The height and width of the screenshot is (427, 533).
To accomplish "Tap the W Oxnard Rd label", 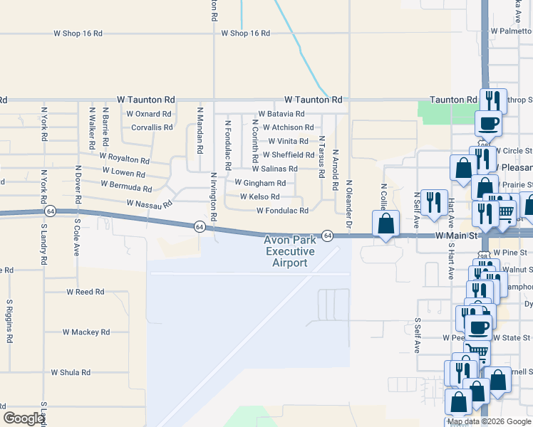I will click(x=148, y=114).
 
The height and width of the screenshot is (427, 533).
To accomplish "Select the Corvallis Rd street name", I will click(x=152, y=128).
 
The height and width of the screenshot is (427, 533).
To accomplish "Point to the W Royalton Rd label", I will click(x=125, y=158).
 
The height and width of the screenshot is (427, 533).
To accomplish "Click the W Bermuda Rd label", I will click(x=126, y=186).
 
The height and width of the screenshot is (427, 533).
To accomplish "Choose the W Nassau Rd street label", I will click(x=149, y=204).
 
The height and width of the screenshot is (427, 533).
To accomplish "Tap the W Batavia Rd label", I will click(x=281, y=114).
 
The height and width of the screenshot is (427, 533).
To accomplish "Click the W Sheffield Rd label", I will click(x=288, y=155).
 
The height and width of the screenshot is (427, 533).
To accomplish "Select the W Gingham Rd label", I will click(x=260, y=183).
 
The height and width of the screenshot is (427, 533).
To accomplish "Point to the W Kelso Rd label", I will click(x=259, y=196).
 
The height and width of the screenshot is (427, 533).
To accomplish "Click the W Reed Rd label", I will click(x=86, y=292).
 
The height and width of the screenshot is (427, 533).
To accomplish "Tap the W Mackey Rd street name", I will click(x=86, y=332).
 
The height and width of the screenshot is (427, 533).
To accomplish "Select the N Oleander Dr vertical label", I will click(x=349, y=204).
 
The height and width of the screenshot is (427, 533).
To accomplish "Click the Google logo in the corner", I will click(x=24, y=418).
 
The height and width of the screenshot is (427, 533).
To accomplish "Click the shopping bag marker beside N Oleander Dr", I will click(x=385, y=224).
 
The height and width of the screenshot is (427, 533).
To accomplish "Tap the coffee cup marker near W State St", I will click(x=479, y=327).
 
